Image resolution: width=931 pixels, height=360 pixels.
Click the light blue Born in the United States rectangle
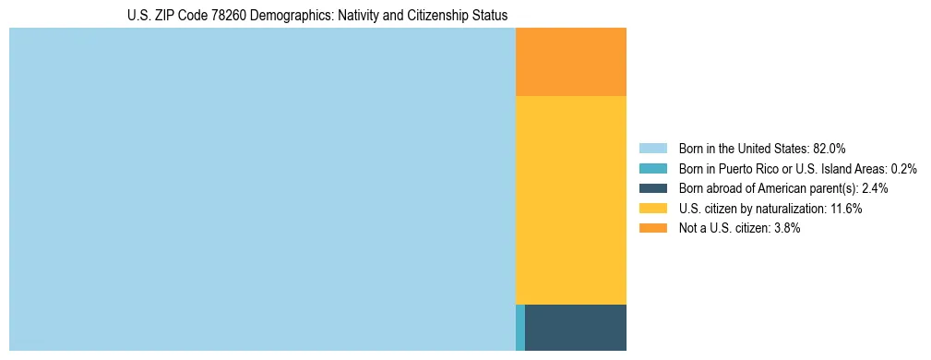pos(262,189)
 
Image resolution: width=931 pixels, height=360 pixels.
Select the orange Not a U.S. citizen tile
pos(571,62)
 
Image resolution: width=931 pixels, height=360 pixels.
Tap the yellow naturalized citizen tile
pos(571,200)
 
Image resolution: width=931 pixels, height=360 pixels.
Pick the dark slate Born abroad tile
pos(576,327)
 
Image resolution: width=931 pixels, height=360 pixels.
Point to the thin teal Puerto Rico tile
pos(520,327)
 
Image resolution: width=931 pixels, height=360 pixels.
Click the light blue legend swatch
pos(653,149)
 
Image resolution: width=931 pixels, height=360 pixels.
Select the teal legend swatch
pos(653,169)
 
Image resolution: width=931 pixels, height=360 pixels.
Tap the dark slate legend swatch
pos(653,188)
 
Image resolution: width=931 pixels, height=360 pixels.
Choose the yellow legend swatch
pos(653,209)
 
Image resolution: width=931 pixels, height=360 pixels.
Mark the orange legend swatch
pos(653,228)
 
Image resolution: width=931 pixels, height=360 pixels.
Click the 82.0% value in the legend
pos(830,149)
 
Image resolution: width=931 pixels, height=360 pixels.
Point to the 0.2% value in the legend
pos(904,169)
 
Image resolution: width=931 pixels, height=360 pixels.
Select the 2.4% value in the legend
pos(875,188)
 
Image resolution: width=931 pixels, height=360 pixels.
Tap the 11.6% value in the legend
pos(846,209)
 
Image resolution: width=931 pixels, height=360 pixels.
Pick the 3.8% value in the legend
pos(785,228)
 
